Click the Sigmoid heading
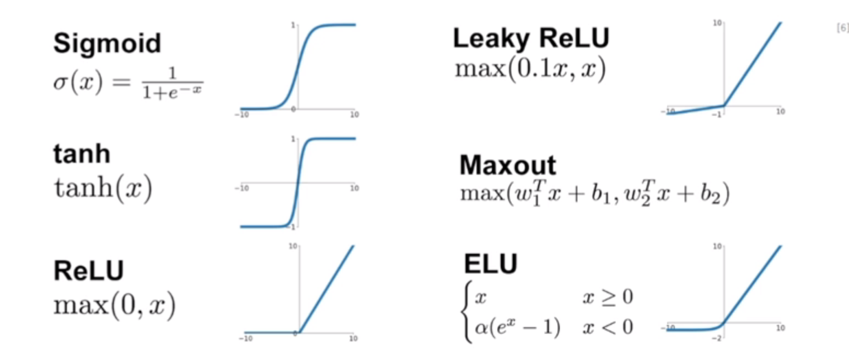(107, 43)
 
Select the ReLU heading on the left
(88, 270)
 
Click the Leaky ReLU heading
(531, 38)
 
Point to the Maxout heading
(508, 165)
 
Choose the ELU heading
(490, 265)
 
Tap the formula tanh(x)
(102, 188)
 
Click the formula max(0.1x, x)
(530, 70)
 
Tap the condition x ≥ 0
(607, 298)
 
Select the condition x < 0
(607, 328)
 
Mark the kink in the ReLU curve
(299, 332)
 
